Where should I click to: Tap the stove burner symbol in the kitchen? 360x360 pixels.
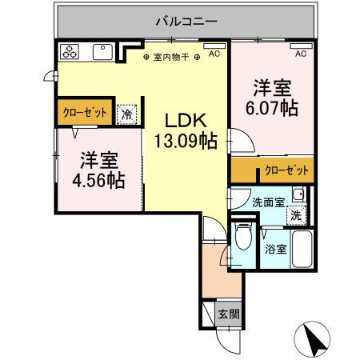pos(69,52)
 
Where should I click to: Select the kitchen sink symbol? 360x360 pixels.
pos(102,52)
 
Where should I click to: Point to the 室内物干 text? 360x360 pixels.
pos(172,58)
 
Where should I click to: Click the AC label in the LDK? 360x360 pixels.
pos(214,54)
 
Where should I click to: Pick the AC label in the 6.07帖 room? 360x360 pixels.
pos(301,54)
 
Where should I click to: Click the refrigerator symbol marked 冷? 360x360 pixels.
pos(126,114)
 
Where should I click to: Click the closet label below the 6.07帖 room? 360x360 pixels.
pos(286,170)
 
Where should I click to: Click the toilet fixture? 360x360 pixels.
pos(245,238)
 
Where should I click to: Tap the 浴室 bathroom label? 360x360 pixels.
pos(276,249)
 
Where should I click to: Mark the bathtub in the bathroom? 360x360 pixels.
pos(302,250)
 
